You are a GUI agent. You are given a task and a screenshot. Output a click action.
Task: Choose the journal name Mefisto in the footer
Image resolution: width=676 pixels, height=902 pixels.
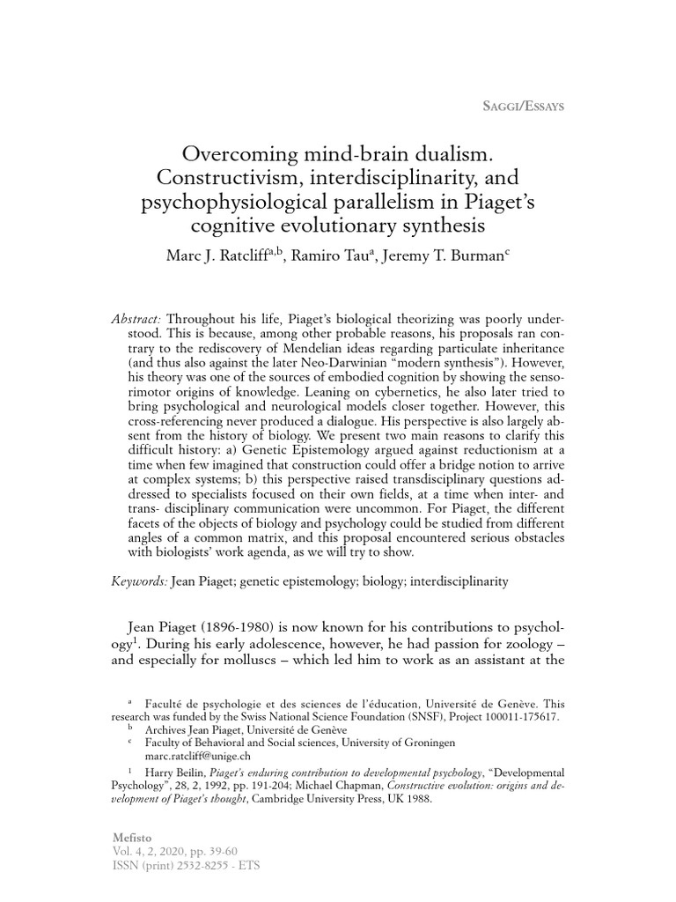tap(133, 835)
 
